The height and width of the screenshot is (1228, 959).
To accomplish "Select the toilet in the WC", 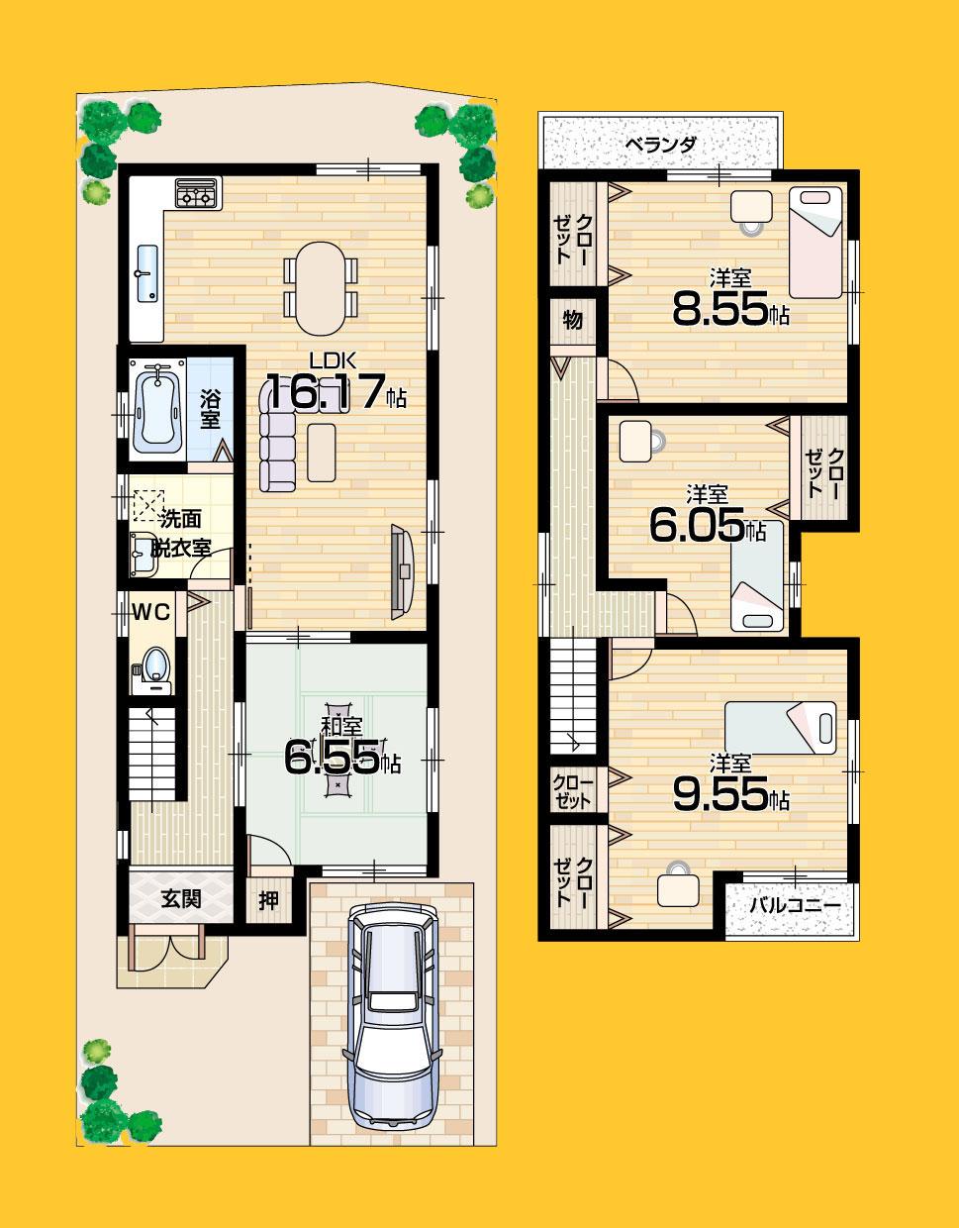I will [x=152, y=666].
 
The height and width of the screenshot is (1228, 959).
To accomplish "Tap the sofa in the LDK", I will [x=278, y=437].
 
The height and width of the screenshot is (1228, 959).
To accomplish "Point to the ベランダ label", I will [x=660, y=145].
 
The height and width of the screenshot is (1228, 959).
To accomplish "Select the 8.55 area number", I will [x=719, y=311].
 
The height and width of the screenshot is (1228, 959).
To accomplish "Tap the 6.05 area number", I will [x=696, y=526].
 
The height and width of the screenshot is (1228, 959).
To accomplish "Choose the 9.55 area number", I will [x=719, y=795].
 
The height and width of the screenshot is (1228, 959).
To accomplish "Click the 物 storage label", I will [x=572, y=320].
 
